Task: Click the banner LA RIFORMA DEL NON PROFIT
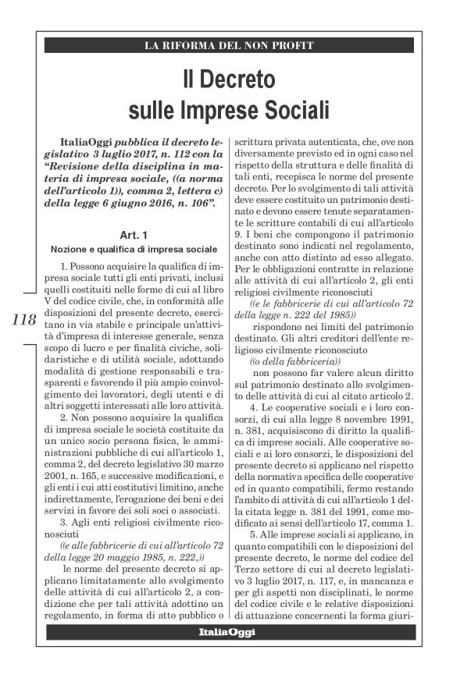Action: [x=229, y=45]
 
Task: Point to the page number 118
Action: [x=25, y=319]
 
